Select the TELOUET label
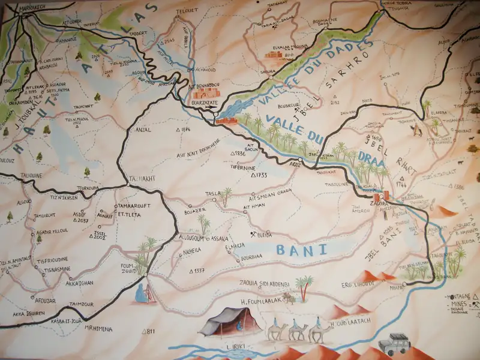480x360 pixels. pyautogui.click(x=187, y=11)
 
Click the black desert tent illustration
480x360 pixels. pyautogui.click(x=223, y=322)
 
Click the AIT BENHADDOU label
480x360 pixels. pyautogui.click(x=205, y=86)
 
